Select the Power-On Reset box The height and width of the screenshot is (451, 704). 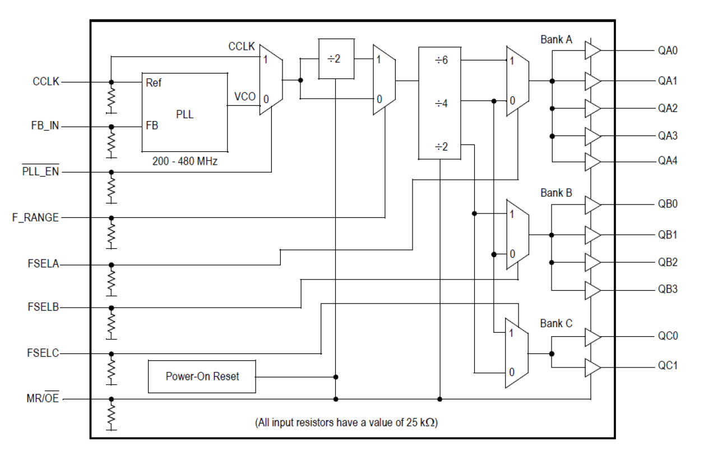[x=202, y=376]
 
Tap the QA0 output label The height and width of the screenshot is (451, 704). [x=668, y=50]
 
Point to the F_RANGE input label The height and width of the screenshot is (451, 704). [x=35, y=217]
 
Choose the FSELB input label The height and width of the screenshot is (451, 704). [x=43, y=308]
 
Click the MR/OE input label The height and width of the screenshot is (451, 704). [x=43, y=399]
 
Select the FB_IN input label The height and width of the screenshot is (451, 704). [x=44, y=127]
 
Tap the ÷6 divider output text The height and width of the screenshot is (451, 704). [x=441, y=60]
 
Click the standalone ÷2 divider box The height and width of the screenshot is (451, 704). [x=336, y=58]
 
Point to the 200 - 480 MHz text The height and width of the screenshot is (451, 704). [x=184, y=161]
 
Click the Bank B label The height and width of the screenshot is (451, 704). [x=556, y=193]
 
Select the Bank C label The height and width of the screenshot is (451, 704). [x=556, y=323]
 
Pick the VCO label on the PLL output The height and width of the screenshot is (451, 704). [x=245, y=97]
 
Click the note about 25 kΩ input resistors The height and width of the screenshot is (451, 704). [x=346, y=422]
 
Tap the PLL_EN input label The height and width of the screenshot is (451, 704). [x=40, y=172]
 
